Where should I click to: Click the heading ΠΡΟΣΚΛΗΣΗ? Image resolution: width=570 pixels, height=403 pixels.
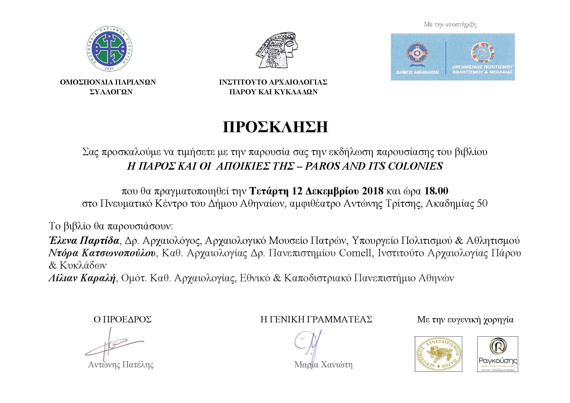[x=275, y=127]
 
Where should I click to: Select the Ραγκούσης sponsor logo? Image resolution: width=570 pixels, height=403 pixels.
[x=497, y=354]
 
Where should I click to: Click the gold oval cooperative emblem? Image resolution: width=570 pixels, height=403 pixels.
[x=438, y=354]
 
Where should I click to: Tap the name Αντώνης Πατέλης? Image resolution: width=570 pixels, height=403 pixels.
[x=121, y=365]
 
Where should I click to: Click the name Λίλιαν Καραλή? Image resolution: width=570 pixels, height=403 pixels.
[x=82, y=278]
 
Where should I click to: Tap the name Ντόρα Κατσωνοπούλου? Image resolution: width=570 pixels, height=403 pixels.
[x=102, y=253]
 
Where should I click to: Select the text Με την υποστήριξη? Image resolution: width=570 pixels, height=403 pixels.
[x=450, y=25]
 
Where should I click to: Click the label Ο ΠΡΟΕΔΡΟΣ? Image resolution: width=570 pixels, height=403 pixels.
[x=122, y=320]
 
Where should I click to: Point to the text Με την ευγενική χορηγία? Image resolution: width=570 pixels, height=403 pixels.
[x=465, y=320]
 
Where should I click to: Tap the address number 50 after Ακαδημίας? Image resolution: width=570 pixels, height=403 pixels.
[x=482, y=204]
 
